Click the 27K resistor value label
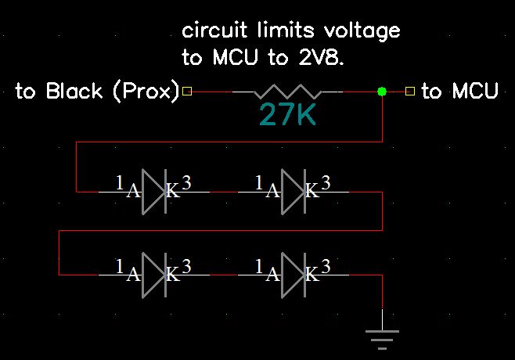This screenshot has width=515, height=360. [287, 115]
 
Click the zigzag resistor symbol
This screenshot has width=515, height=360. [287, 92]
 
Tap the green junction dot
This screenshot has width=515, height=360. [381, 92]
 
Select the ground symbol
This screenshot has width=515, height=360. [381, 335]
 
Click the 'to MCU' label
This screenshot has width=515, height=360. [459, 92]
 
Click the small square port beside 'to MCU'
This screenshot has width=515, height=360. [410, 92]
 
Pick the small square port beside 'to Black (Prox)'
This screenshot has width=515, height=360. [186, 92]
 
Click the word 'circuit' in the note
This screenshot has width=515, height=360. [208, 31]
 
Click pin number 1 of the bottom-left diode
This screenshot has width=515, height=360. [120, 265]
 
